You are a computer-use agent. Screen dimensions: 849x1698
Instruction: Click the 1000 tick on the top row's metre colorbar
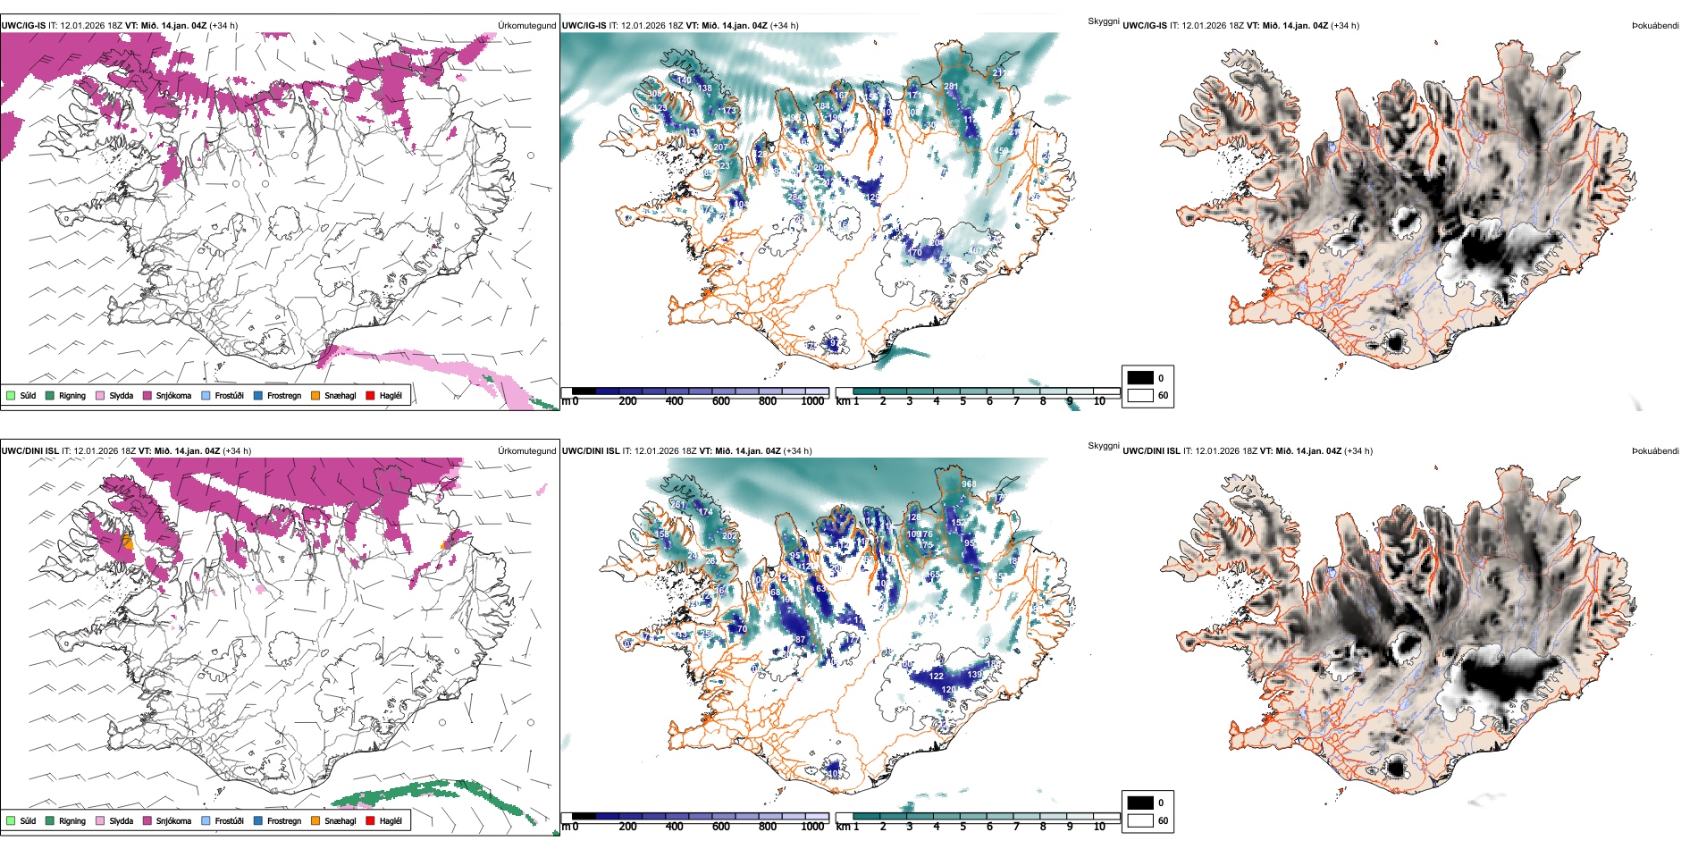point(812,401)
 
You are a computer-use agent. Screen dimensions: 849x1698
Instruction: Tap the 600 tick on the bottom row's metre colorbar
point(721,827)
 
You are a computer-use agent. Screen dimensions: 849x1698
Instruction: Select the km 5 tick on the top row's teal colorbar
point(963,401)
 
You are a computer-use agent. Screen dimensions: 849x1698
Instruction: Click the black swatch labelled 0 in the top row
point(1140,378)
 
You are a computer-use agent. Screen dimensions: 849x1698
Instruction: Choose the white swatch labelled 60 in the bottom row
point(1140,820)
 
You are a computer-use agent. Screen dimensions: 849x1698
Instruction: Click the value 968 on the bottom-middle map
point(969,484)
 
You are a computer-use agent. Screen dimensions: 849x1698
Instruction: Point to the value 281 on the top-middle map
point(951,87)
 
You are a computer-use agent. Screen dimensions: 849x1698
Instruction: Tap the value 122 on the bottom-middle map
point(936,677)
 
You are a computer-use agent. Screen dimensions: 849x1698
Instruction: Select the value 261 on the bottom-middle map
point(678,505)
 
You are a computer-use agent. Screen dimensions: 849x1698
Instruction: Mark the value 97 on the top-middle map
point(834,342)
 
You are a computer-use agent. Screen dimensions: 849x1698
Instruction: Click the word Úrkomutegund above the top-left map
point(526,26)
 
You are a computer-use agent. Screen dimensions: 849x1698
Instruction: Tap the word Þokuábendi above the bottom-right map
point(1655,451)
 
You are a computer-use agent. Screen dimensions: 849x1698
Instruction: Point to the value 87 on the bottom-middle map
point(800,639)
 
